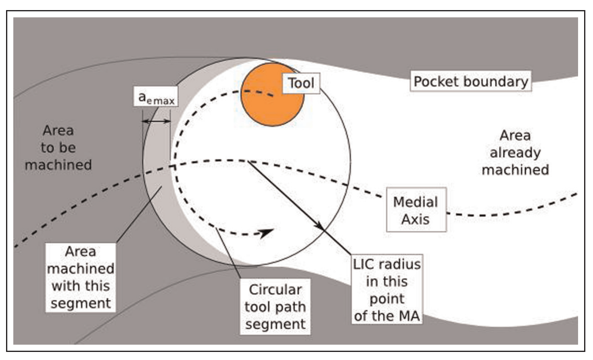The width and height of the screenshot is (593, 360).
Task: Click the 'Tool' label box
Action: [x=301, y=83]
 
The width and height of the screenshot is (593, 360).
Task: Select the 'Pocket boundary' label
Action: [x=470, y=82]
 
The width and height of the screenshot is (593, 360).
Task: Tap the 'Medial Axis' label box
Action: [x=416, y=210]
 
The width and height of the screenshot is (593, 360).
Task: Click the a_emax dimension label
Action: [x=156, y=97]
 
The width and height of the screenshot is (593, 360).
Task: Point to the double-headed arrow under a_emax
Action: [x=156, y=121]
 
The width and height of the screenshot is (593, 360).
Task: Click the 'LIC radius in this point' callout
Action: [x=386, y=289]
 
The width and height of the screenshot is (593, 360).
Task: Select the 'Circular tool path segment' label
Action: [x=275, y=307]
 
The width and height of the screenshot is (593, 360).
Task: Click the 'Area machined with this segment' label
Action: [x=80, y=277]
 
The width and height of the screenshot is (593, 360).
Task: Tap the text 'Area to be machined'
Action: [x=58, y=148]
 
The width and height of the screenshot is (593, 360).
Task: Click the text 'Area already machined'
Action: [x=515, y=153]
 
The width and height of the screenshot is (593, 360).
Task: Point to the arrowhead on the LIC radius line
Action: [x=319, y=226]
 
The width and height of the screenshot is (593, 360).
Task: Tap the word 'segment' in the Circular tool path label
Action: [x=275, y=324]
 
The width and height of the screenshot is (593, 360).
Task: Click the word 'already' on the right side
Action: [x=515, y=153]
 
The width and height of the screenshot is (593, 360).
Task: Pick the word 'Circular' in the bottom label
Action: [x=275, y=290]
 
